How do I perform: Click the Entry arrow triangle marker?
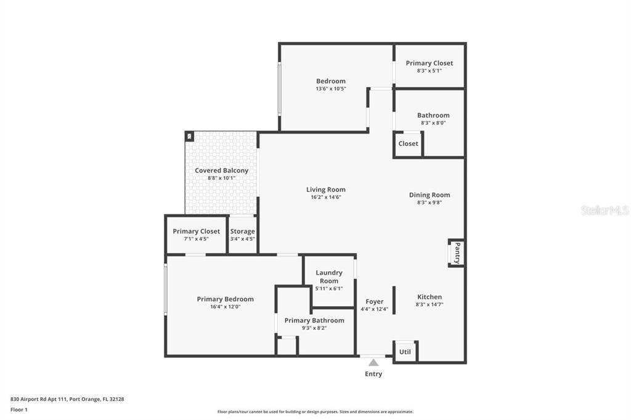373,363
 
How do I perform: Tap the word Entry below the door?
373,374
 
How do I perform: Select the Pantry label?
457,253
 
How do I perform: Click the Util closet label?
405,352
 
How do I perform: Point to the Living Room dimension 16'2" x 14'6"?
326,197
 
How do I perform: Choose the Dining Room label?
429,195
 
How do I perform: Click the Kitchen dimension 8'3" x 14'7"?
429,304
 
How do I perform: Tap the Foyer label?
374,302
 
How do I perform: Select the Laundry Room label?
329,277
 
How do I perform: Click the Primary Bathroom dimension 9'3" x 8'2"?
314,328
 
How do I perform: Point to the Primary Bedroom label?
225,299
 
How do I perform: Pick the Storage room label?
242,232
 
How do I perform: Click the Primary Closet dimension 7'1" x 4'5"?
196,239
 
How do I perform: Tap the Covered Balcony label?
221,171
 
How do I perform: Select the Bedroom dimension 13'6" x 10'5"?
331,89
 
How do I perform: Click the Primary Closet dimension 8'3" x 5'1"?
429,71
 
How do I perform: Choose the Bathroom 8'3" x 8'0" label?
433,115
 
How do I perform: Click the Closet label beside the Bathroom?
408,143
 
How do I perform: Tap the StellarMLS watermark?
605,210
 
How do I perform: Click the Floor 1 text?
19,409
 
